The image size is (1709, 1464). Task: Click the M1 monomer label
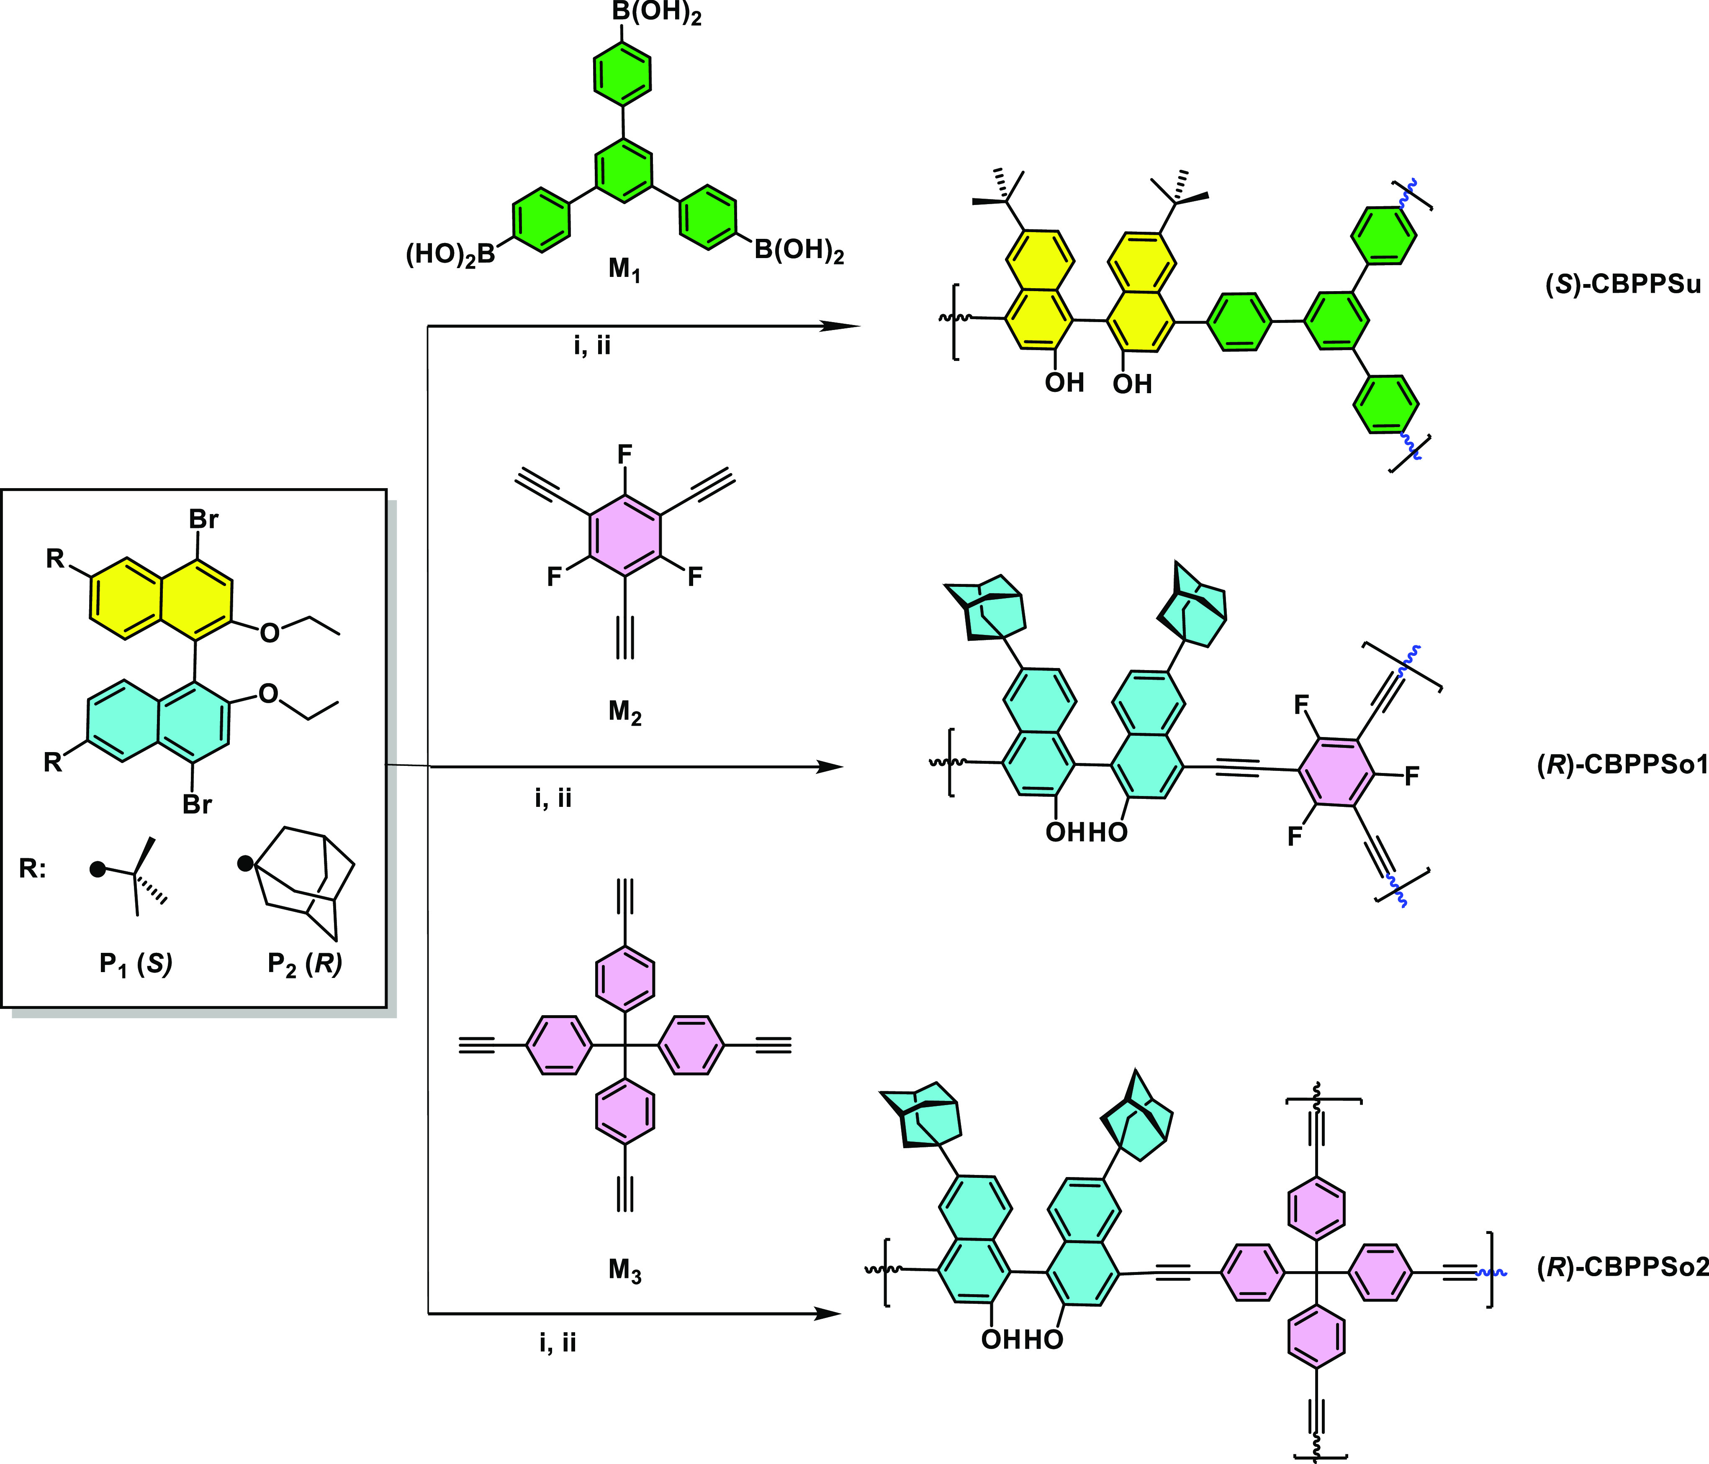coord(624,269)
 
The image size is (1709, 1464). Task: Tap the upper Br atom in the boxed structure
coord(204,520)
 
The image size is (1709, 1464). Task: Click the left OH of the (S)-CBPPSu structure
coord(1064,382)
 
